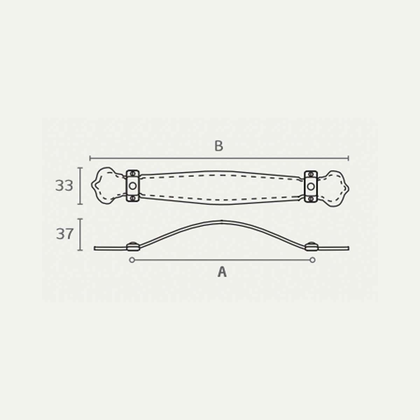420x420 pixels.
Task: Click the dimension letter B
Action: click(x=219, y=146)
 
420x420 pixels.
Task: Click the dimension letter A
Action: click(x=222, y=272)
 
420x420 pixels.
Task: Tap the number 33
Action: click(x=64, y=186)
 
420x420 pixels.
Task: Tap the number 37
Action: click(x=64, y=234)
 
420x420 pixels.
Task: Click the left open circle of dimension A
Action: click(x=132, y=260)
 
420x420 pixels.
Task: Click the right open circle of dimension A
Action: click(x=313, y=260)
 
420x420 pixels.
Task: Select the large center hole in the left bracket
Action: click(x=133, y=186)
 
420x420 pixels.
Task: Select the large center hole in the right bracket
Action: click(x=311, y=186)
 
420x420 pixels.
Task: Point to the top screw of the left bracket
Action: click(x=133, y=174)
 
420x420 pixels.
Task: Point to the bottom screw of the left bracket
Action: click(x=133, y=198)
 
